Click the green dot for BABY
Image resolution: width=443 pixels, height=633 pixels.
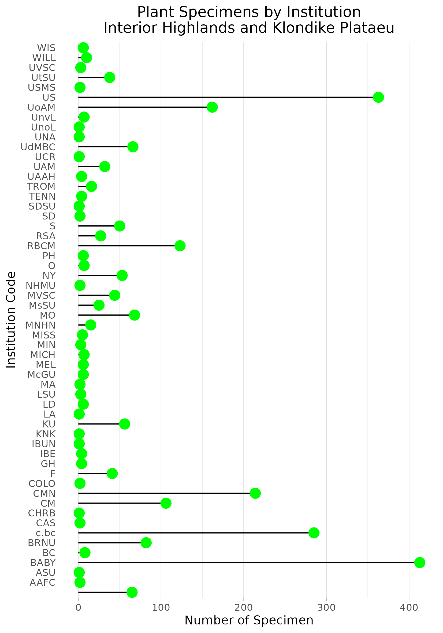click(420, 563)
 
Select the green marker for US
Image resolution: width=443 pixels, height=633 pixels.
click(378, 97)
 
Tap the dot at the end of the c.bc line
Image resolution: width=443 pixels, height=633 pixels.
click(314, 533)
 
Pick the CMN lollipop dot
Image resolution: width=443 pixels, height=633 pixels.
click(255, 493)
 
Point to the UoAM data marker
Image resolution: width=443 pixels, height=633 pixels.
click(212, 107)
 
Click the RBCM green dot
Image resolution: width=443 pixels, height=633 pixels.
click(180, 246)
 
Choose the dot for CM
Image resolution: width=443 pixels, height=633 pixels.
click(166, 503)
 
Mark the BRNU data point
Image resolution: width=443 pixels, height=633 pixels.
click(146, 543)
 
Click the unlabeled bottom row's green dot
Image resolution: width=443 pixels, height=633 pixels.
click(132, 592)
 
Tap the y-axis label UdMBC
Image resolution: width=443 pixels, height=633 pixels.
click(38, 147)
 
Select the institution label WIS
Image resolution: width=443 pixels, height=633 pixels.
click(46, 48)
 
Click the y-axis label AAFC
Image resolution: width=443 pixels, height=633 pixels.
click(42, 582)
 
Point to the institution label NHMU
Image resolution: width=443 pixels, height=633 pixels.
click(40, 286)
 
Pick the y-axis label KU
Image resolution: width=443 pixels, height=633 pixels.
click(49, 424)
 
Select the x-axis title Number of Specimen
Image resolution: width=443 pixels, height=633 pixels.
click(249, 620)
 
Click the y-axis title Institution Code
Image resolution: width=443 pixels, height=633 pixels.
click(11, 320)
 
